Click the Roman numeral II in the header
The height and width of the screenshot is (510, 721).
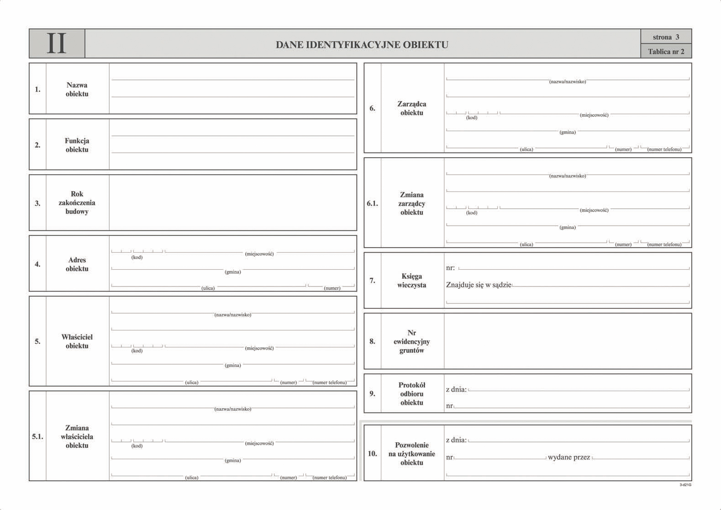[57, 44]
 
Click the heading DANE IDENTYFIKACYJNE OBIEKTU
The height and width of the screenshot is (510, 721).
[362, 45]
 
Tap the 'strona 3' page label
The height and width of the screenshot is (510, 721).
[666, 37]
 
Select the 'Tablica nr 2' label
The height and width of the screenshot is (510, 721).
[666, 52]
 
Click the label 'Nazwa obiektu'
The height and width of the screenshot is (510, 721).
[77, 89]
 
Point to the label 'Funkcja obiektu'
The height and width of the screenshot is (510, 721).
[77, 145]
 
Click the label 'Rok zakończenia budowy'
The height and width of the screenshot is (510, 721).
[77, 202]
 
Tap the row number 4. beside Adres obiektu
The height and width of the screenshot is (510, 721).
[37, 264]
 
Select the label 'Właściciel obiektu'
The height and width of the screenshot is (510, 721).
[77, 341]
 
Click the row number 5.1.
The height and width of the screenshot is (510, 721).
[37, 436]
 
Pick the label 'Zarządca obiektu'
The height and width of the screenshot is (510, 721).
[411, 108]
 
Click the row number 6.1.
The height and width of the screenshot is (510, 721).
[372, 203]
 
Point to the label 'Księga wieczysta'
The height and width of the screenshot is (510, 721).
[411, 281]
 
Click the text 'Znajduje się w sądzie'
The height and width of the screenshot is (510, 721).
[478, 285]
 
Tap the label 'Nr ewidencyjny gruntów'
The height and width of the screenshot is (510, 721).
[411, 341]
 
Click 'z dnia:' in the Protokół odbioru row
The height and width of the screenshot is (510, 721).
[456, 389]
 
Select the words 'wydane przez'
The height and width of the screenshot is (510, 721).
[568, 457]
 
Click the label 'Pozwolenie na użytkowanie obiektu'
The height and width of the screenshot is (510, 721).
[411, 453]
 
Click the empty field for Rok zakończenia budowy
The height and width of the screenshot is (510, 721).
[233, 202]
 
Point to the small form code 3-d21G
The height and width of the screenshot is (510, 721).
[685, 485]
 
